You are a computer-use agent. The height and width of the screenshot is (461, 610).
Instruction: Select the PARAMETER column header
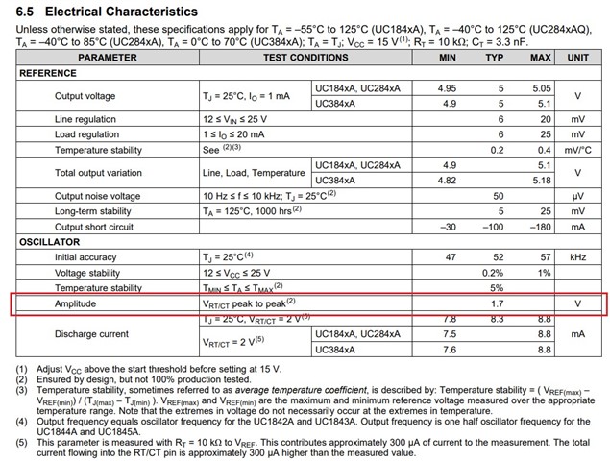tap(107, 58)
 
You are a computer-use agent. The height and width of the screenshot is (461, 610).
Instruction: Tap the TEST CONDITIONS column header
tap(305, 58)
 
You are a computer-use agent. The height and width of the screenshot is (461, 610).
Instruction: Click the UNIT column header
tap(577, 58)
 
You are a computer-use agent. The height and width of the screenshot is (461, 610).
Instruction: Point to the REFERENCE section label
tap(49, 73)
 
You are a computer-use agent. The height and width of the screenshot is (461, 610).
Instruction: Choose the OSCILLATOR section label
tap(51, 242)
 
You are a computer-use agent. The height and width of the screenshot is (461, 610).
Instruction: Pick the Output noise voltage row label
tap(97, 196)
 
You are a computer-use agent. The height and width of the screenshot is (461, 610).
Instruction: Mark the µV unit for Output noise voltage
tap(577, 196)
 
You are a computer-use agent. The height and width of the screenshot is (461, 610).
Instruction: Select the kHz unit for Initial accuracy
tap(577, 257)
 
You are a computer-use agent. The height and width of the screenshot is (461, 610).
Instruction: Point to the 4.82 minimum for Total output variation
tap(448, 180)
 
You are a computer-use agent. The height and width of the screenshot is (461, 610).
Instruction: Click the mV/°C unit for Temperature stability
tap(577, 150)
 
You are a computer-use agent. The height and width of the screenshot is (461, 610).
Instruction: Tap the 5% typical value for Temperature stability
tap(497, 288)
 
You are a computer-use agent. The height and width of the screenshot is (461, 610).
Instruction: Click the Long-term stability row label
tap(93, 211)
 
